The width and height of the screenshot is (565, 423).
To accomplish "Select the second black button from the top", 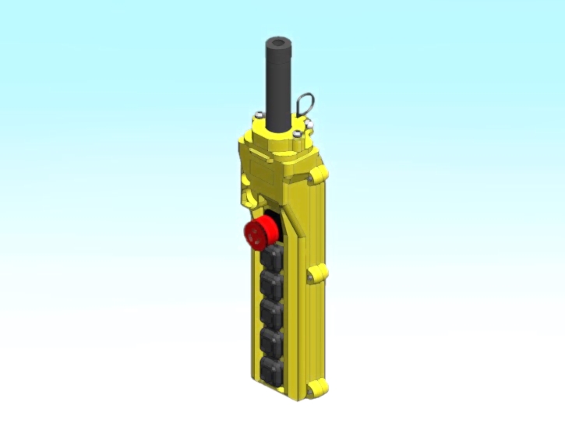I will (274, 283).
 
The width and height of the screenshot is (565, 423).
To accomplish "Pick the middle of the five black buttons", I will (273, 312).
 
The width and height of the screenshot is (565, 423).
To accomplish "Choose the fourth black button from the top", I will (271, 340).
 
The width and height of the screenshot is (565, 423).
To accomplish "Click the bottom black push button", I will (270, 368).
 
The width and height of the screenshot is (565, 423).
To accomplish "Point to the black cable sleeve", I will (278, 86).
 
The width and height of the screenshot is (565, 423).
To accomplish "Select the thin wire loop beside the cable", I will (305, 104).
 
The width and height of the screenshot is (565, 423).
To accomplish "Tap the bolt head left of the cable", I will (256, 117).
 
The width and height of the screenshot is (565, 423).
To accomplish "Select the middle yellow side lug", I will (318, 273).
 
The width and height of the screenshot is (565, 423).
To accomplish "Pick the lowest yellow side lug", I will (315, 387).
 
